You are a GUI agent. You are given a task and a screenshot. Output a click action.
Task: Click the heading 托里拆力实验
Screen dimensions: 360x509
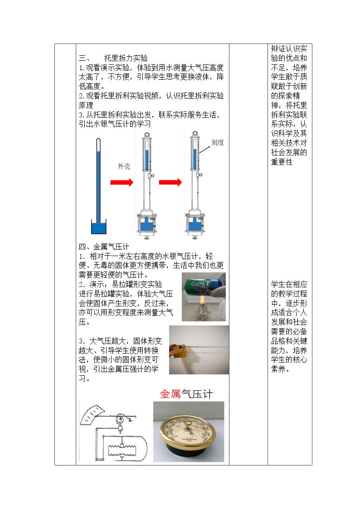point(126,58)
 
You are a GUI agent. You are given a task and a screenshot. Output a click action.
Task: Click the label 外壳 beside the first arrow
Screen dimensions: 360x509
point(124,166)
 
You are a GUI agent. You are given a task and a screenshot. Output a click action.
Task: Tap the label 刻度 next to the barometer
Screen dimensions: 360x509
point(218,142)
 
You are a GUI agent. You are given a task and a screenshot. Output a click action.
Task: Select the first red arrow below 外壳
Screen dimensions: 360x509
point(122,182)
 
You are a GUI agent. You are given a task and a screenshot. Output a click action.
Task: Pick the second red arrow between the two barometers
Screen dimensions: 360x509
point(170,182)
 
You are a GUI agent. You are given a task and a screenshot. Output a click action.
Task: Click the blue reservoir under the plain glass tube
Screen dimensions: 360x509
point(99,227)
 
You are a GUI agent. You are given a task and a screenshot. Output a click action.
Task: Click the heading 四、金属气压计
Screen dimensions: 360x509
point(104,247)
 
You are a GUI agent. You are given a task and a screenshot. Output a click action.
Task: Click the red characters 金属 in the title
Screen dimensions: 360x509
point(170,394)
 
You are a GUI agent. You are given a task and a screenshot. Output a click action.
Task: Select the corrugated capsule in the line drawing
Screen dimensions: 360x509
point(122,450)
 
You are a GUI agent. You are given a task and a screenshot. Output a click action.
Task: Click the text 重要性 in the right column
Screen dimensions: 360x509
point(282,162)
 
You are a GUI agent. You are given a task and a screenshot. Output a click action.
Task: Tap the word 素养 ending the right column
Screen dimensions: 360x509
point(278,369)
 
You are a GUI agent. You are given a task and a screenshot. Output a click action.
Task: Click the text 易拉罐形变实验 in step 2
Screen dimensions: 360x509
point(137,284)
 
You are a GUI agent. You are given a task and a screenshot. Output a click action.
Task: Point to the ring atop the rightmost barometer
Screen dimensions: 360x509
point(195,134)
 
